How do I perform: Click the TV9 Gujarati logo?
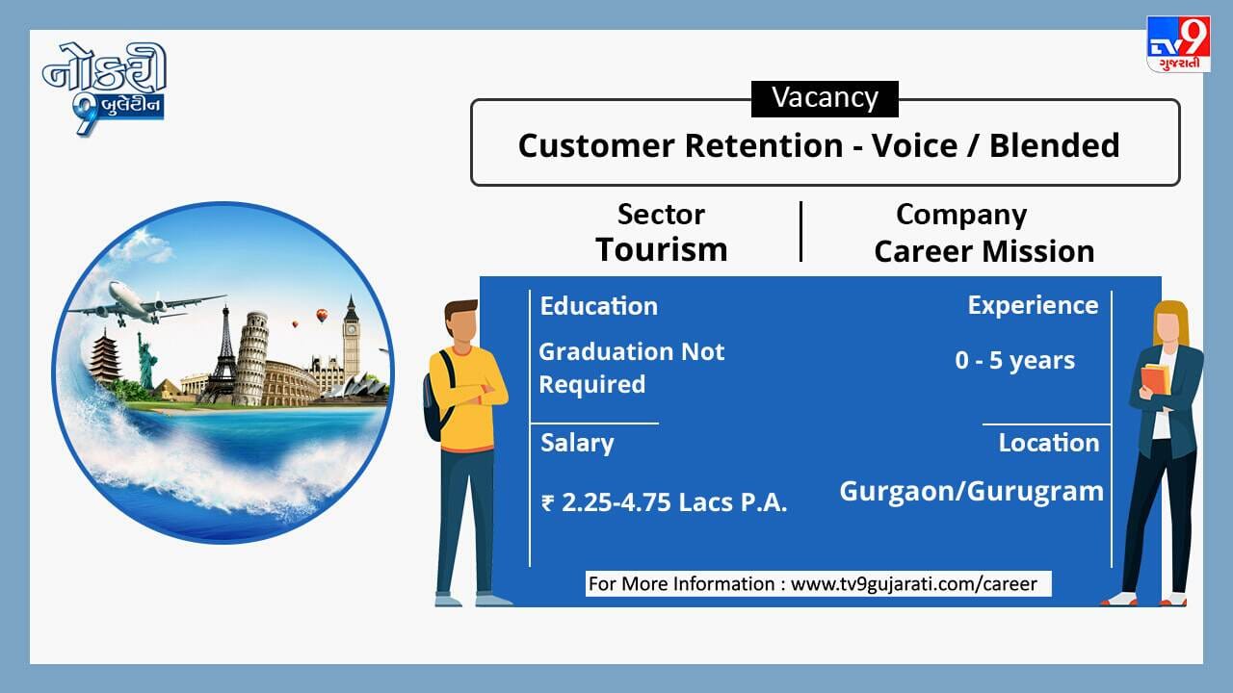(x=1178, y=44)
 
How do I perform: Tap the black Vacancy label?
(x=825, y=99)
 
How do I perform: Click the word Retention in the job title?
(x=764, y=145)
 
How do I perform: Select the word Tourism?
(x=661, y=250)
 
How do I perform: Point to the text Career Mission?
(x=984, y=252)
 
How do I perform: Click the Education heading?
(x=599, y=306)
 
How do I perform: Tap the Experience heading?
(x=1034, y=306)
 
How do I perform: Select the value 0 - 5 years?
(x=1015, y=361)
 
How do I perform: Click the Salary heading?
(x=577, y=444)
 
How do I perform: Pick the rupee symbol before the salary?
(x=547, y=503)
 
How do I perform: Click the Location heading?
(x=1049, y=443)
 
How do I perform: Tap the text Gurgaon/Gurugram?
(x=972, y=492)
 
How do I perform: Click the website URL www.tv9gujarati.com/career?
(x=914, y=584)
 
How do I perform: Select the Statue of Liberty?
(x=146, y=361)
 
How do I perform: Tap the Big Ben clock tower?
(x=352, y=337)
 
